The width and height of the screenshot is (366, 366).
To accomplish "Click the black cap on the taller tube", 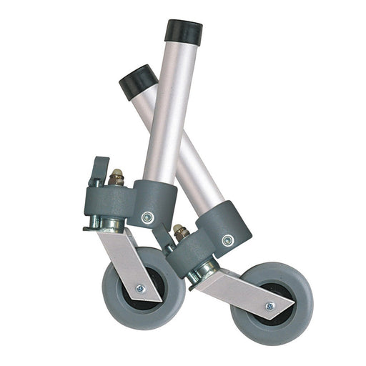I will click(x=183, y=31).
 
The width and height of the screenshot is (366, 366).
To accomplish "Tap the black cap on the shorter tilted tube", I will click(x=137, y=80).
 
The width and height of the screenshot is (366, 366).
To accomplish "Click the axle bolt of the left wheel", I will click(x=141, y=288).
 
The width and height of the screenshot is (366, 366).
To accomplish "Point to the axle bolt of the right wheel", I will click(x=269, y=306).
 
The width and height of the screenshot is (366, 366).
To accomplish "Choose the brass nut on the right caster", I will click(x=180, y=231).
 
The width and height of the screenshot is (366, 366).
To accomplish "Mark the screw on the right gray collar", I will click(x=227, y=240).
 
